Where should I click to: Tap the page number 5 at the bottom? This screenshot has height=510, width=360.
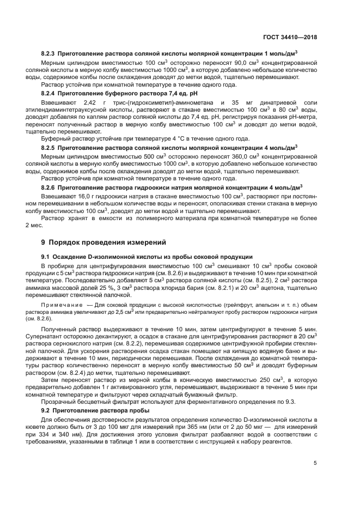tap(315, 463)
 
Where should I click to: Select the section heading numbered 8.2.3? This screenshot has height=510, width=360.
tap(169, 55)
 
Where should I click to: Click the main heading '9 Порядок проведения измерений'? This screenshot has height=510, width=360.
tap(104, 242)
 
